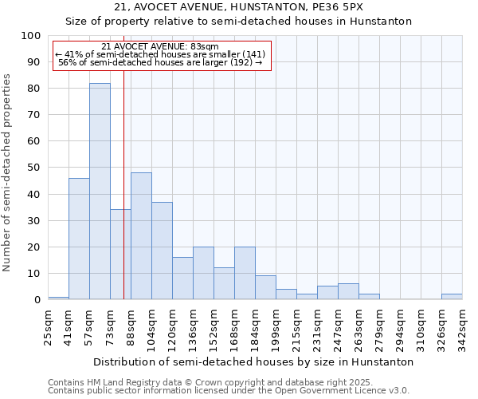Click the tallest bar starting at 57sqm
tap(100, 192)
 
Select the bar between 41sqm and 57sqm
tap(79, 239)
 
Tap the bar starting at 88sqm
tap(141, 236)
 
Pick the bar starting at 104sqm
tap(162, 251)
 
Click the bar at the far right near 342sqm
tap(452, 297)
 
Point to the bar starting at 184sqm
tap(265, 287)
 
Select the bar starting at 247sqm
tap(348, 291)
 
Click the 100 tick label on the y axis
tap(30, 36)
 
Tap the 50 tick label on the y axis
tap(33, 168)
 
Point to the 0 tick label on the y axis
tap(37, 300)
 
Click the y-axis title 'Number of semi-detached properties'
tap(8, 172)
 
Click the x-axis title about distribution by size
tap(253, 361)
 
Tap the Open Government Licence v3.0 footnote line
tap(229, 391)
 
